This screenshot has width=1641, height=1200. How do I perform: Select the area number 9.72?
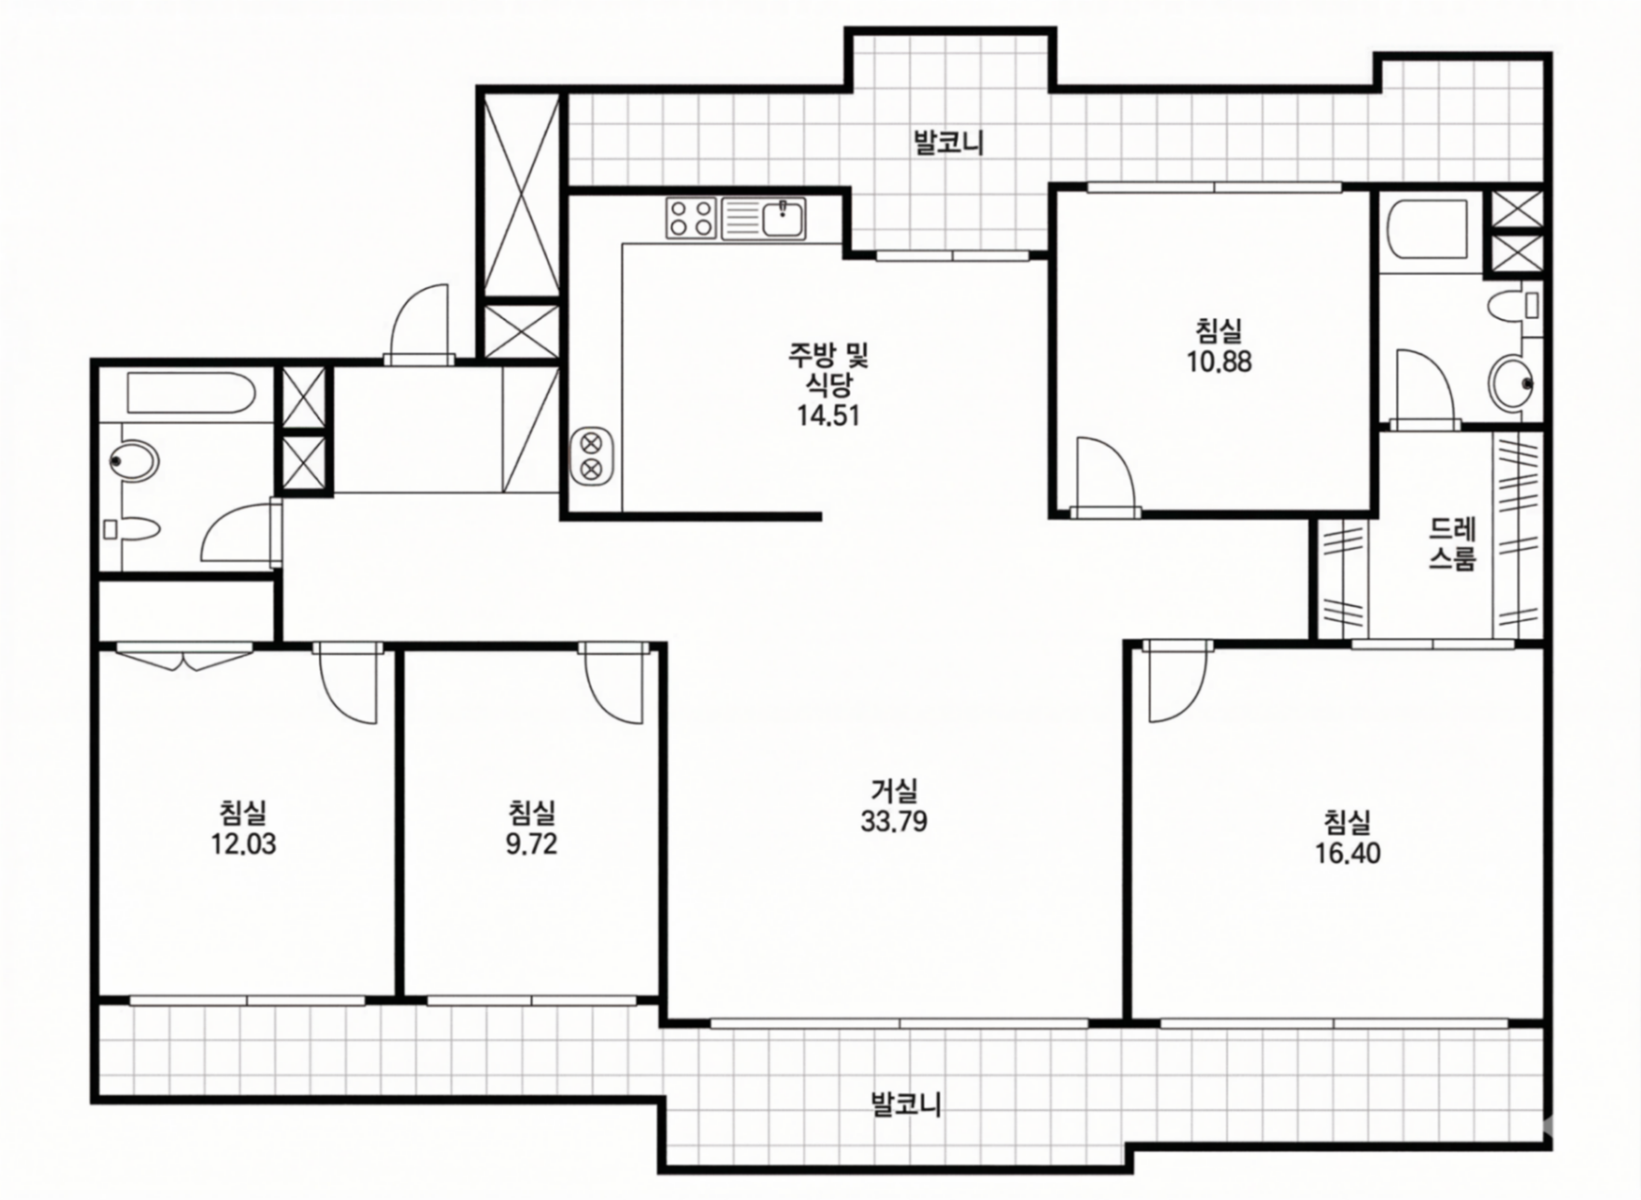click(532, 844)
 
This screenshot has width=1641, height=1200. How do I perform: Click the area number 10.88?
click(1220, 361)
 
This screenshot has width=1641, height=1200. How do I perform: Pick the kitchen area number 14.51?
click(829, 415)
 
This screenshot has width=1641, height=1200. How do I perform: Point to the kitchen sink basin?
click(782, 218)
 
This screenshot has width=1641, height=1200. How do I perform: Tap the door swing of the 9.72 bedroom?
click(618, 686)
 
